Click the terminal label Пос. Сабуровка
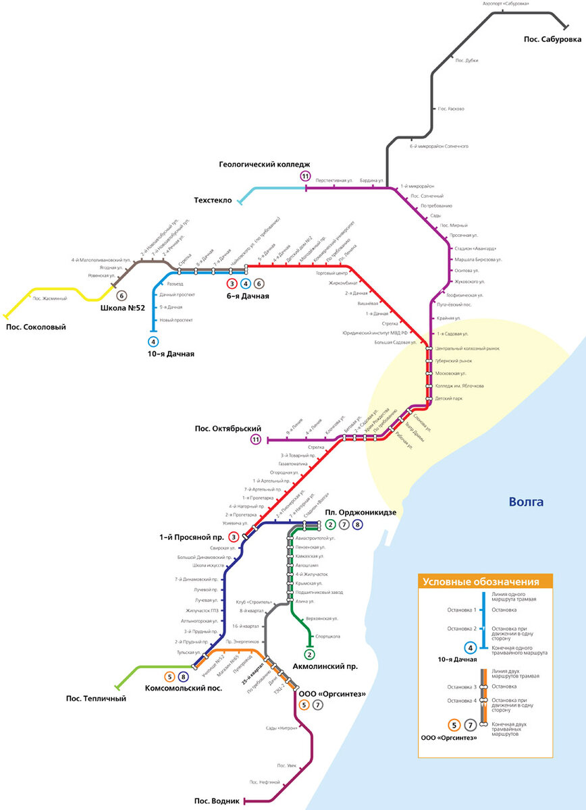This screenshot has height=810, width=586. [552, 40]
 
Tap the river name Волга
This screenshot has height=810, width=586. [526, 502]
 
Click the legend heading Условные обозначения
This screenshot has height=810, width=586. [480, 582]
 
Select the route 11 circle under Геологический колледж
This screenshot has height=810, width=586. [306, 177]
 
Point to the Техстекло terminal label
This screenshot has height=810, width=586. [213, 200]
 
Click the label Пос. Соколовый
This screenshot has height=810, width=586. [36, 327]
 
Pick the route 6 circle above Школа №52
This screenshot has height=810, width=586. [122, 296]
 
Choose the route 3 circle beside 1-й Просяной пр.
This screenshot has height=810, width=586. [234, 537]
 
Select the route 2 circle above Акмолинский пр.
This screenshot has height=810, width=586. [310, 654]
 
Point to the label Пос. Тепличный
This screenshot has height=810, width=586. [96, 699]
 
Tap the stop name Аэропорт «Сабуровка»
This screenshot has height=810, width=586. [506, 3]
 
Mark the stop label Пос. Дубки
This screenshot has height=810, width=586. [467, 61]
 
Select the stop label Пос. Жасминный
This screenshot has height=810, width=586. [50, 298]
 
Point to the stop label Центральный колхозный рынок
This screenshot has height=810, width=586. [468, 348]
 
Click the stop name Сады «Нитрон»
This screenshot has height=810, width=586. [282, 728]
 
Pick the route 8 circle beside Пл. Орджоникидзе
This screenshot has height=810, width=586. [358, 524]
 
